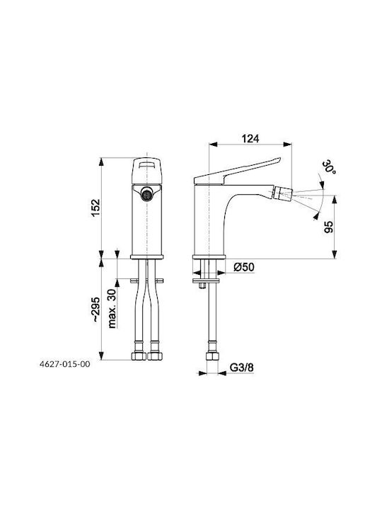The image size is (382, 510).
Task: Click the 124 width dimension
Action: (x=250, y=139)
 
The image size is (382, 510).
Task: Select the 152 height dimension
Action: (x=95, y=208)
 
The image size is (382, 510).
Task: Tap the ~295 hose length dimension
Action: (x=95, y=310)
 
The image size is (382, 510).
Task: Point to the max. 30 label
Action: (x=112, y=308)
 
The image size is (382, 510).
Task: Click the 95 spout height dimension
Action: (x=328, y=227)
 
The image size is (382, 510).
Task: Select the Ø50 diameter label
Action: (x=244, y=267)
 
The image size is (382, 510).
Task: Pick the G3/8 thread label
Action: (x=242, y=368)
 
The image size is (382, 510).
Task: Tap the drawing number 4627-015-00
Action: (x=64, y=364)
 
